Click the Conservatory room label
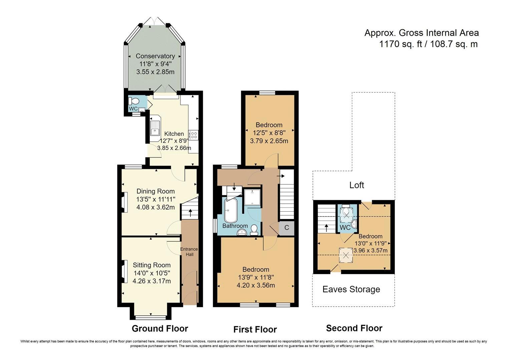(155, 56)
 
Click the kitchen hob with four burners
(193, 135)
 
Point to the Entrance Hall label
(189, 252)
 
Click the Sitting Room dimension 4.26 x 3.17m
(151, 281)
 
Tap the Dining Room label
(155, 191)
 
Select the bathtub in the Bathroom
(230, 210)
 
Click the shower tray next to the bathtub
(252, 197)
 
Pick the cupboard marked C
(287, 228)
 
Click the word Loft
(357, 185)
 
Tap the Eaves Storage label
(351, 289)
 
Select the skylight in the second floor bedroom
(346, 255)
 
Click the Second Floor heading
(354, 328)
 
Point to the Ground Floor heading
(160, 329)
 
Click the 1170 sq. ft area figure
(401, 44)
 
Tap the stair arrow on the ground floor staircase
(190, 213)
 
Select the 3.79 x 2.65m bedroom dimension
(269, 141)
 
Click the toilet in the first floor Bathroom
(254, 229)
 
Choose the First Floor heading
(255, 330)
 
